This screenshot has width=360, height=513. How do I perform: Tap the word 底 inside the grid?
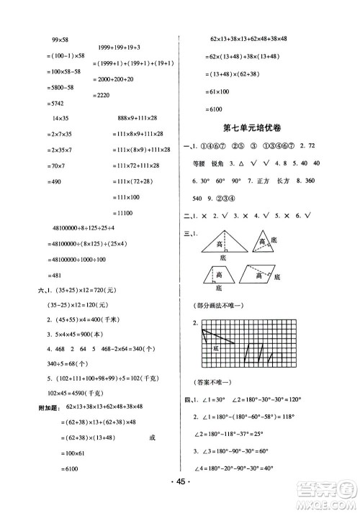click(x=215, y=348)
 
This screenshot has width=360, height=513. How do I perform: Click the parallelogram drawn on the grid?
click(x=256, y=352)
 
